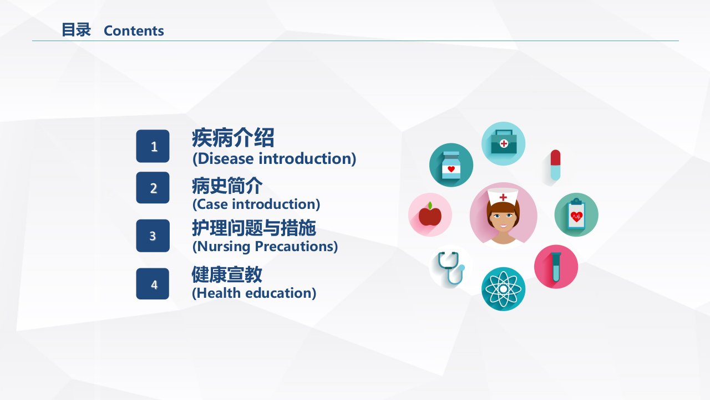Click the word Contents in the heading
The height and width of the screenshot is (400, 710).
(134, 31)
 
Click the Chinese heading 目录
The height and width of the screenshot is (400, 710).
(76, 30)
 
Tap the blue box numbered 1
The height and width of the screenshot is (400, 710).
(153, 146)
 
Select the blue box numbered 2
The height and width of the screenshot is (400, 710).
(153, 188)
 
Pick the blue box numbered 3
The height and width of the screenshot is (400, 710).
(153, 236)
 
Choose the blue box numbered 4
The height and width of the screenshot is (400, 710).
(153, 284)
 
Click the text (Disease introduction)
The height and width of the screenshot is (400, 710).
(274, 159)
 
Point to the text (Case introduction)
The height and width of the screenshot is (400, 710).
(256, 204)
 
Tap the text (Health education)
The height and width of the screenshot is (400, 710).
(254, 293)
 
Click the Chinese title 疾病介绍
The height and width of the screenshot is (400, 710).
(233, 138)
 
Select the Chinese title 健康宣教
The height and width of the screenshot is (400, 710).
(227, 274)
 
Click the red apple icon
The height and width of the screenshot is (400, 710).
(430, 214)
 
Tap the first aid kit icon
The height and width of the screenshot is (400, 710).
(504, 142)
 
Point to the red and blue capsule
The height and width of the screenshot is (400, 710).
(555, 165)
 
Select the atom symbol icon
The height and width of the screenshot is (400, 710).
(503, 289)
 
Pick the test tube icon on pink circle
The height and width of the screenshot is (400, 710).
(556, 267)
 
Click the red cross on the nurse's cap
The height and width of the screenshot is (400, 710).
(503, 197)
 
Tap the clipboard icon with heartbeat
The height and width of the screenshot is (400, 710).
(576, 214)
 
